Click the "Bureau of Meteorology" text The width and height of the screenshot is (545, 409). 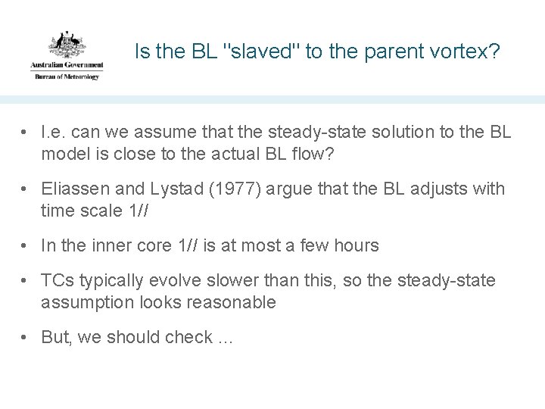pyautogui.click(x=66, y=76)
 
